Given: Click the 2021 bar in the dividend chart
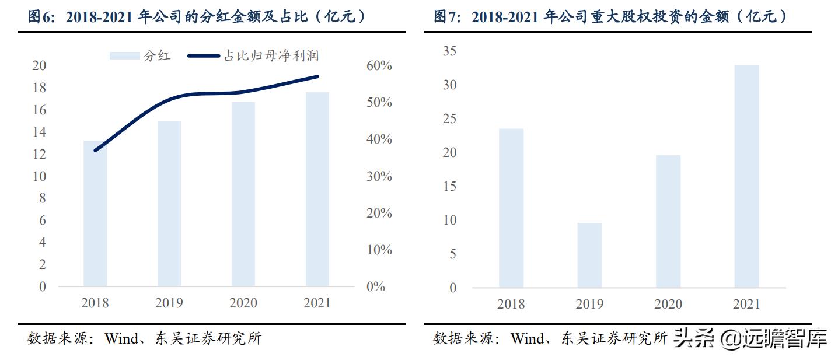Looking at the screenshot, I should [x=317, y=190].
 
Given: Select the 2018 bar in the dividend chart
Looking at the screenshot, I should [x=95, y=214].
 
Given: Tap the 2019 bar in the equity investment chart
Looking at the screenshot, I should [x=589, y=255].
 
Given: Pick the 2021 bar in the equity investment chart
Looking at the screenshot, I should [x=747, y=176].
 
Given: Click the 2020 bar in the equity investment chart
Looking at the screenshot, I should [x=668, y=221].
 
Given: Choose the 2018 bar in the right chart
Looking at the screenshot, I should [x=511, y=208].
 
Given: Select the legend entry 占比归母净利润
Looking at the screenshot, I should [x=254, y=56].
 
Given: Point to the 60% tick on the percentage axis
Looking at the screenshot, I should [x=379, y=65].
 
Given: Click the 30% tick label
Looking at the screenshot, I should [x=379, y=176].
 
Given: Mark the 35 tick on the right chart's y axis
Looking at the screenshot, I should [x=449, y=51].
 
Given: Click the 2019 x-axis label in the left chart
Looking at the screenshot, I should [x=169, y=303].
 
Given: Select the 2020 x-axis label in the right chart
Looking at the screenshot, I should [x=668, y=304].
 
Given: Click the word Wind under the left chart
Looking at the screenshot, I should [x=120, y=339].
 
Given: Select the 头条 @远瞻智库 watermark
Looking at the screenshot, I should [x=750, y=338].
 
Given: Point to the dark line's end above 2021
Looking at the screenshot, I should [x=317, y=76].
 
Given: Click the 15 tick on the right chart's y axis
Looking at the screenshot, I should [x=449, y=187].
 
